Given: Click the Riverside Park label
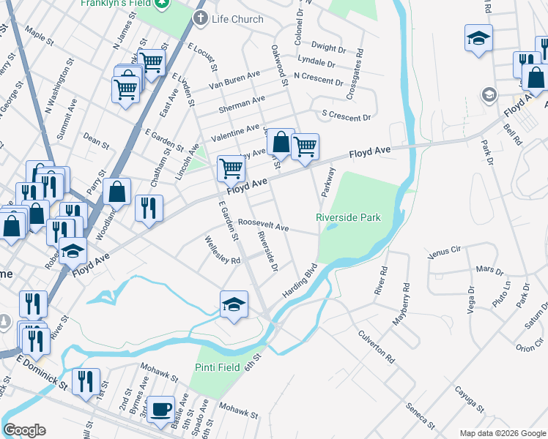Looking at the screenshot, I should click(348, 217).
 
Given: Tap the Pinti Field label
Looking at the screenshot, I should click(218, 367).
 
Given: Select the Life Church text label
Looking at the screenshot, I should click(237, 19).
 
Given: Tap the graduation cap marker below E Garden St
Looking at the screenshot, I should click(234, 304).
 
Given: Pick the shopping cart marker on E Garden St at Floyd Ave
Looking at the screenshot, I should click(231, 169).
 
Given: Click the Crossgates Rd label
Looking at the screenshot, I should click(359, 65).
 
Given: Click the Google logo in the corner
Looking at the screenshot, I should click(24, 430).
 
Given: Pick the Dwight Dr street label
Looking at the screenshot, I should click(327, 49).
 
